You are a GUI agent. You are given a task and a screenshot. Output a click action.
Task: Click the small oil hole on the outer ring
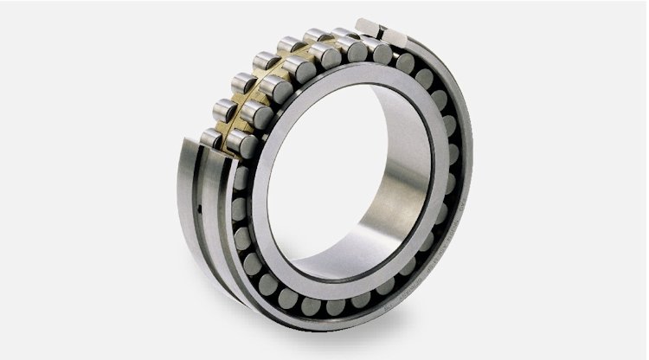pyautogui.click(x=199, y=209)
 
